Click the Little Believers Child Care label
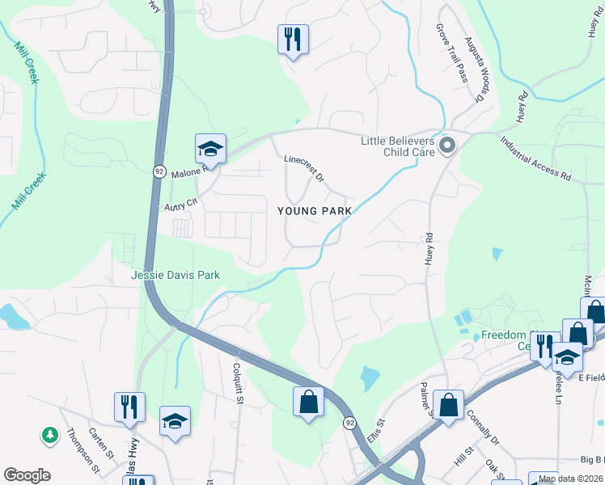[398, 146]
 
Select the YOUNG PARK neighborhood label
[315, 211]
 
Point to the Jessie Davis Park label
[176, 275]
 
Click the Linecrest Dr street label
[304, 168]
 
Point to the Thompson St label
[83, 449]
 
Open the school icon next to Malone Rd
[209, 150]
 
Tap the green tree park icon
[50, 435]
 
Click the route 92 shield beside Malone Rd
[159, 171]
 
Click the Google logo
[27, 475]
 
